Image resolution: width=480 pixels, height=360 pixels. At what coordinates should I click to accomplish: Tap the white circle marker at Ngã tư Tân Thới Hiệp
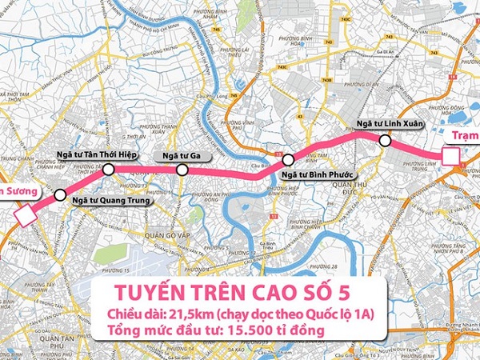pos(109,169)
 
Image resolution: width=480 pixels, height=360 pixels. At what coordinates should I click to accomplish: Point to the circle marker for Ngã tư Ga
pos(182,170)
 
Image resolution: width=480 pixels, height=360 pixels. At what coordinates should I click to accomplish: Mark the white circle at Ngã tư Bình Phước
pos(288,159)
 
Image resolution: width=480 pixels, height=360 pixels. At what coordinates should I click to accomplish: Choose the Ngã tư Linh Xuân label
pos(388,124)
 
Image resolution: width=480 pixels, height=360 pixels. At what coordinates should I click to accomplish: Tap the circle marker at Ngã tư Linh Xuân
pos(386,141)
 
